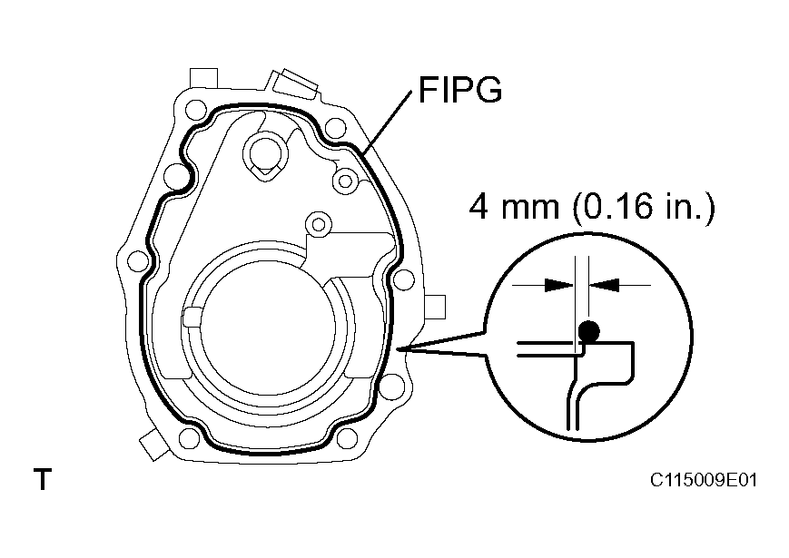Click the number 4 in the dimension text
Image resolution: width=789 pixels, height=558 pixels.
point(479,208)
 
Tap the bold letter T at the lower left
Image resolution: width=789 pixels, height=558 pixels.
point(41,478)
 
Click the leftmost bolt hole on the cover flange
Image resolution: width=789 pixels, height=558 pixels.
point(137,262)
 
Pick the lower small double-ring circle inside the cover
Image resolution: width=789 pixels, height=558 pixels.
point(316,221)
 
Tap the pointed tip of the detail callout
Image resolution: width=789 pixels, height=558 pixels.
point(400,349)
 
